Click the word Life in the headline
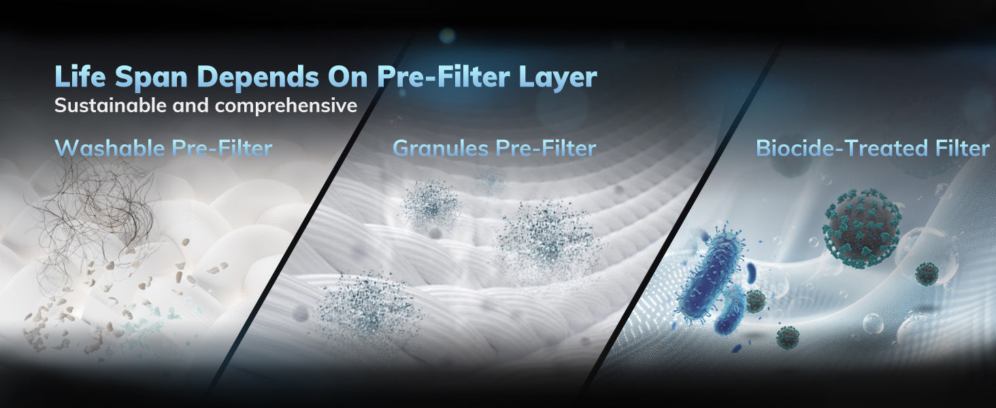point(80,76)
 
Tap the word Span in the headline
point(151,78)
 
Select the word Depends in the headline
point(258,78)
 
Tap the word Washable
point(110,148)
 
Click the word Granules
point(441,148)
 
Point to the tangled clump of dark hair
point(96,218)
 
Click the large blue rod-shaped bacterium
point(710,275)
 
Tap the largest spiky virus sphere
point(862,228)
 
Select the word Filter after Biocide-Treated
point(963,148)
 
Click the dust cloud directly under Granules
point(431,205)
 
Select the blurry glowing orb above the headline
point(447,35)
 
